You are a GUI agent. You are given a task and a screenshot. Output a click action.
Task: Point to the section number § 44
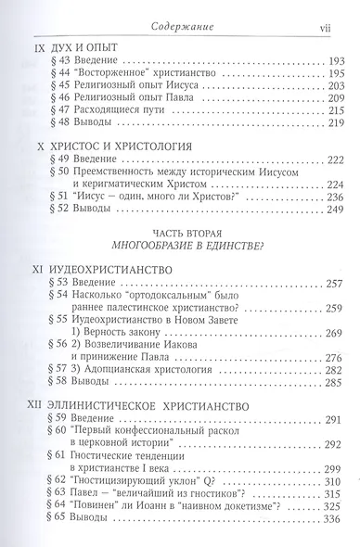coord(70,74)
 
